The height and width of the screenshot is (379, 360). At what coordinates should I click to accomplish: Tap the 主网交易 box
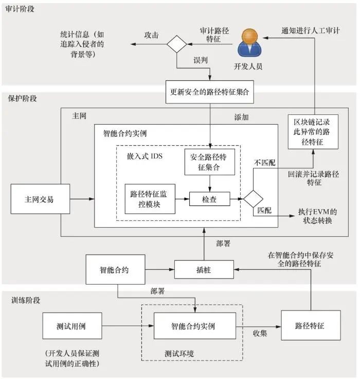(39, 199)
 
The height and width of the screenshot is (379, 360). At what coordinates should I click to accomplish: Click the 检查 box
(209, 199)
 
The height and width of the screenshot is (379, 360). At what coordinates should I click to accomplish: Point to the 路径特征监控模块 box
(150, 199)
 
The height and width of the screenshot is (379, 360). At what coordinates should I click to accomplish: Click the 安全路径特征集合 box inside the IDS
(210, 161)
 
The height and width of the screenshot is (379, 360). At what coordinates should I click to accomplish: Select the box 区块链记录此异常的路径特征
(313, 131)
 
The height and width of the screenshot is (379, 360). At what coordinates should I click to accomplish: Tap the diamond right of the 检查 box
(253, 199)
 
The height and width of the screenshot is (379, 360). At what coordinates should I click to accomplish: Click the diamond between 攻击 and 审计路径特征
(176, 44)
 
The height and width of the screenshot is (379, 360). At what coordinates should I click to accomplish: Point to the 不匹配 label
(265, 162)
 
